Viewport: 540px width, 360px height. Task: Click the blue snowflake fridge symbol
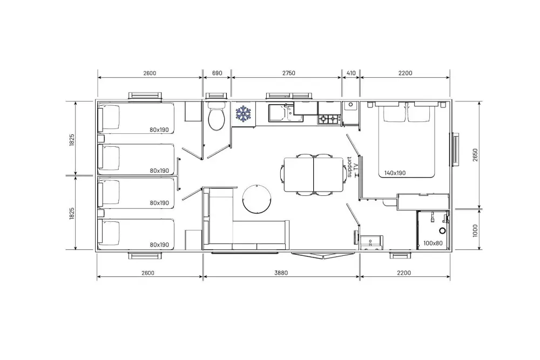pyautogui.click(x=243, y=114)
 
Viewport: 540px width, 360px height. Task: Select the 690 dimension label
pyautogui.click(x=217, y=73)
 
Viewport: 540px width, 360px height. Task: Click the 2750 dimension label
pyautogui.click(x=288, y=73)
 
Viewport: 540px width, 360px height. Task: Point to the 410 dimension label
pyautogui.click(x=350, y=73)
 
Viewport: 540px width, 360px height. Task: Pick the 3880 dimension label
pyautogui.click(x=281, y=273)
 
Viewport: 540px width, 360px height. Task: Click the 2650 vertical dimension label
pyautogui.click(x=475, y=155)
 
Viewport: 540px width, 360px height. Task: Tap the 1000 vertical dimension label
pyautogui.click(x=475, y=230)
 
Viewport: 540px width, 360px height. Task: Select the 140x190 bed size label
pyautogui.click(x=395, y=173)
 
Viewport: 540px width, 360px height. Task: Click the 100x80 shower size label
pyautogui.click(x=433, y=243)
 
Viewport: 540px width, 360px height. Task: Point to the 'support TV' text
pyautogui.click(x=352, y=167)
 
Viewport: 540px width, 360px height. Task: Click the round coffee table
pyautogui.click(x=257, y=199)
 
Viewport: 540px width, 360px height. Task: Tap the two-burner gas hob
pyautogui.click(x=329, y=119)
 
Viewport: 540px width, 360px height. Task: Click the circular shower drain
pyautogui.click(x=442, y=230)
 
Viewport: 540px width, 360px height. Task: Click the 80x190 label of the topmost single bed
pyautogui.click(x=159, y=130)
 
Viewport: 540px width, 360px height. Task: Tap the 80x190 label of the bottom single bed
pyautogui.click(x=159, y=244)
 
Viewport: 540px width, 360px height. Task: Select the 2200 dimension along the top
pyautogui.click(x=405, y=73)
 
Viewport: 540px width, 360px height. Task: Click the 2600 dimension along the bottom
pyautogui.click(x=148, y=273)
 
